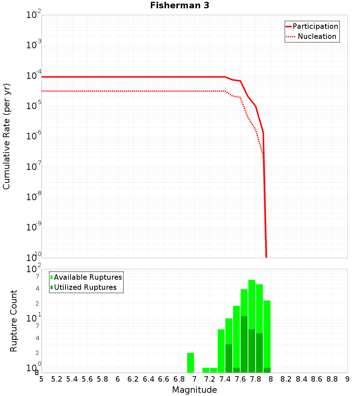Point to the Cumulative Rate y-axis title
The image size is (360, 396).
(6, 136)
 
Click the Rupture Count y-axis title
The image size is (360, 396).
(14, 321)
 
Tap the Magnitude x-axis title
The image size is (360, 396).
(194, 390)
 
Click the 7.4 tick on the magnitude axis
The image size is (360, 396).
(225, 379)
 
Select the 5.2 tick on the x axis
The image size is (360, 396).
(57, 379)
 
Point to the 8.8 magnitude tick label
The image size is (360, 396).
(332, 379)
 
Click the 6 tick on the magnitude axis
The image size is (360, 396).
(118, 379)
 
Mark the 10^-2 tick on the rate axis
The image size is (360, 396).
(34, 15)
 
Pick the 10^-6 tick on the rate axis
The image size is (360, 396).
(34, 136)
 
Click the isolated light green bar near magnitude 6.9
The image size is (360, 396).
(190, 363)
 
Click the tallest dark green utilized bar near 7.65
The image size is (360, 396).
(244, 344)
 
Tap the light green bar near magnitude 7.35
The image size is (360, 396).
(221, 351)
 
